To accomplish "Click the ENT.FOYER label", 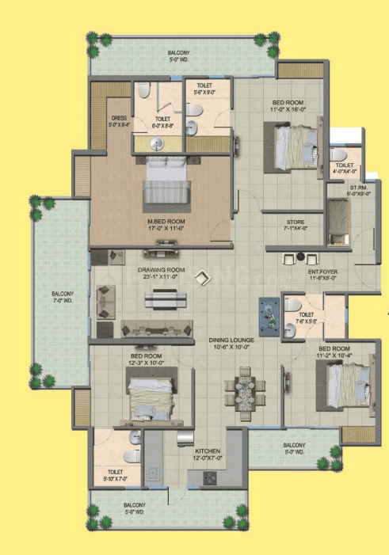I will [x=325, y=271].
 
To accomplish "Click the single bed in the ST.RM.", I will [x=338, y=218].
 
